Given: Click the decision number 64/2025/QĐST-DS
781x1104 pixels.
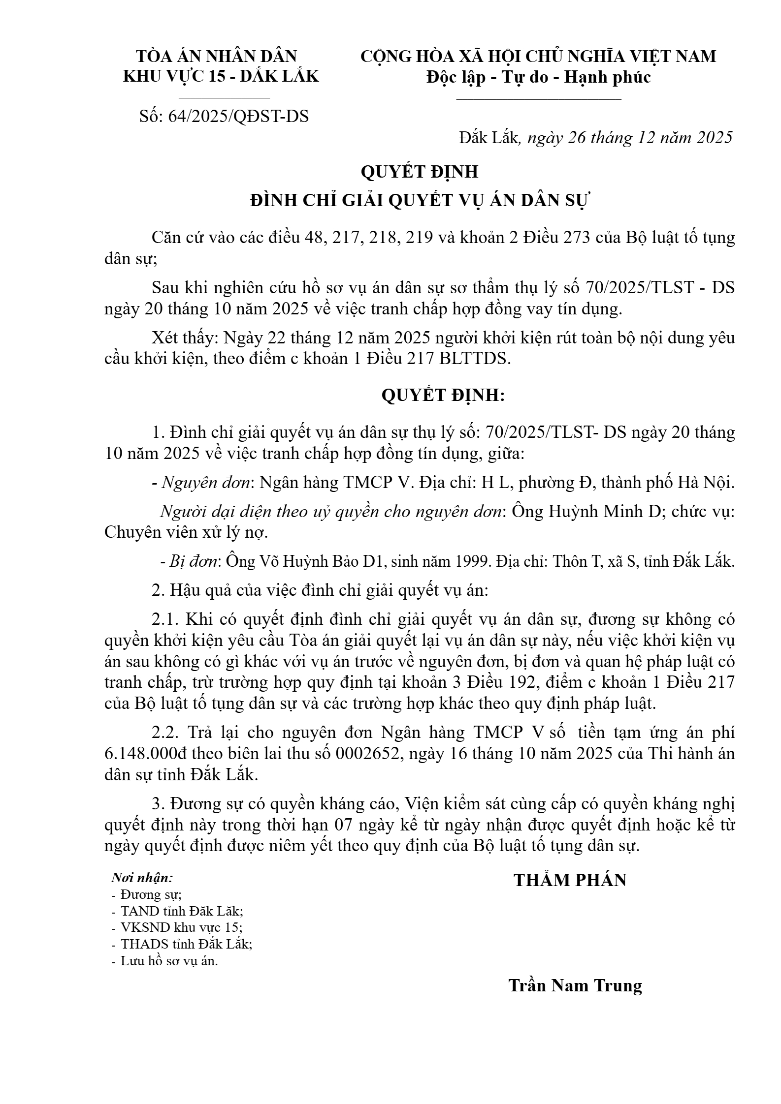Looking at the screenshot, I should tap(238, 116).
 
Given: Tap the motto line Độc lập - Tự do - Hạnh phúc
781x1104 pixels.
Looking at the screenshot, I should tap(538, 77).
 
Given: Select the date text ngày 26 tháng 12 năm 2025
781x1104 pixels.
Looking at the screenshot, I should tap(630, 138).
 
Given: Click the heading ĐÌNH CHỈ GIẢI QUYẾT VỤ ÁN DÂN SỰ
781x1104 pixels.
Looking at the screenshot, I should tap(420, 201).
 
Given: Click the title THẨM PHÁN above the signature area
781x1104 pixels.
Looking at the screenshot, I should tap(570, 880).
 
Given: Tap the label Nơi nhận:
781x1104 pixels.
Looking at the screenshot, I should tap(142, 878).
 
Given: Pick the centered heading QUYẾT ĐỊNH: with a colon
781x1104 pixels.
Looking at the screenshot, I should tap(443, 396).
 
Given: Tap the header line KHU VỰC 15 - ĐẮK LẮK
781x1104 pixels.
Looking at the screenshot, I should tap(221, 76).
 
